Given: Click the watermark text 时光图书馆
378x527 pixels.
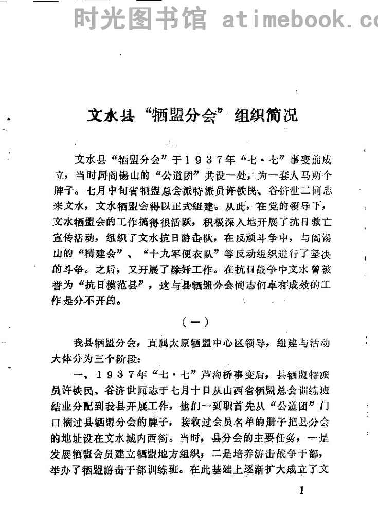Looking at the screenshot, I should [139, 19].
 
